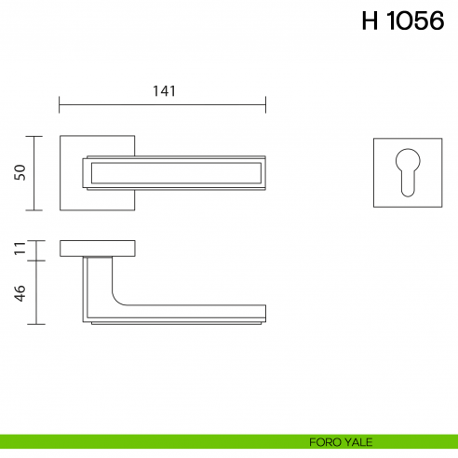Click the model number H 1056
402,21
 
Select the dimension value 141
163,90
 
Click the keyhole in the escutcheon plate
407,171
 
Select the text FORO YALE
335,441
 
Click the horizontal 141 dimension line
112,102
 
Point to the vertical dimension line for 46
36,291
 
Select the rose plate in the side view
99,248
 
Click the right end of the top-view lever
264,172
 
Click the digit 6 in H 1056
433,21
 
